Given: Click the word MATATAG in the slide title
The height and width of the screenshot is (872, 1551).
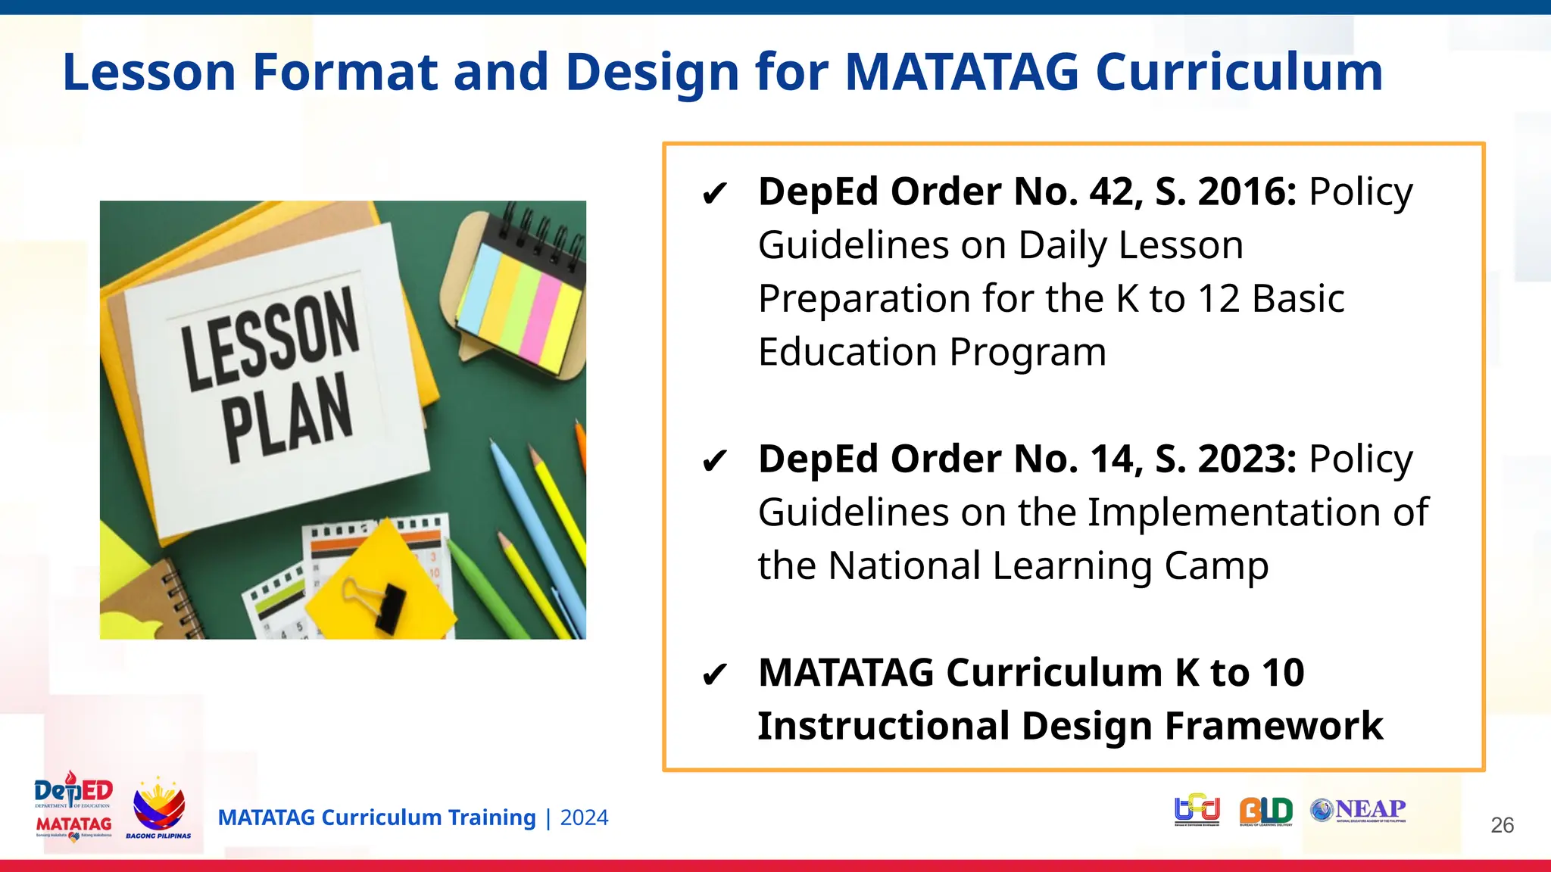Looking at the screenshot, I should click(x=962, y=73).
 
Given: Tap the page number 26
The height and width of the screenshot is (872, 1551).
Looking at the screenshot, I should click(x=1502, y=825).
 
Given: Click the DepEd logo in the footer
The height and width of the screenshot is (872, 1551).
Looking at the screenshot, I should click(x=73, y=806).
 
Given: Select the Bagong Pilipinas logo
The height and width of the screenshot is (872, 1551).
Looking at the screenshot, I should click(x=158, y=808).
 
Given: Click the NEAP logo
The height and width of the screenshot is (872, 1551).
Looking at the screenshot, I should click(x=1359, y=810).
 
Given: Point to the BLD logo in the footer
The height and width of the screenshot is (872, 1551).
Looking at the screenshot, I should click(x=1265, y=811).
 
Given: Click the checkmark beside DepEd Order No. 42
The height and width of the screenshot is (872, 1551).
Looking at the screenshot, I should click(x=714, y=195).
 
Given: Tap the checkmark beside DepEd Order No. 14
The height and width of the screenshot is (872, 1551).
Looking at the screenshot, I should click(x=714, y=461).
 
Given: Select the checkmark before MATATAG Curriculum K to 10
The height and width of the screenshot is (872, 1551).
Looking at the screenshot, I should click(x=714, y=674).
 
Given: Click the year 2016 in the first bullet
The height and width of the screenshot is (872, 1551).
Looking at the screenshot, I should click(x=1247, y=192).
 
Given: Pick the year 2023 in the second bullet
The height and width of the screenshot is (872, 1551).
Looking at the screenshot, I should click(x=1247, y=459).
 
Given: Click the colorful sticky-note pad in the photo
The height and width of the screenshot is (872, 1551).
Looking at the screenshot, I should click(x=521, y=307).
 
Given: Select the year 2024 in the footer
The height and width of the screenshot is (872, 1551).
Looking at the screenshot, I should click(x=584, y=818).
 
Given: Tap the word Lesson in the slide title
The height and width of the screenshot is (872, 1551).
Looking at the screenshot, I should click(x=149, y=73).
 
